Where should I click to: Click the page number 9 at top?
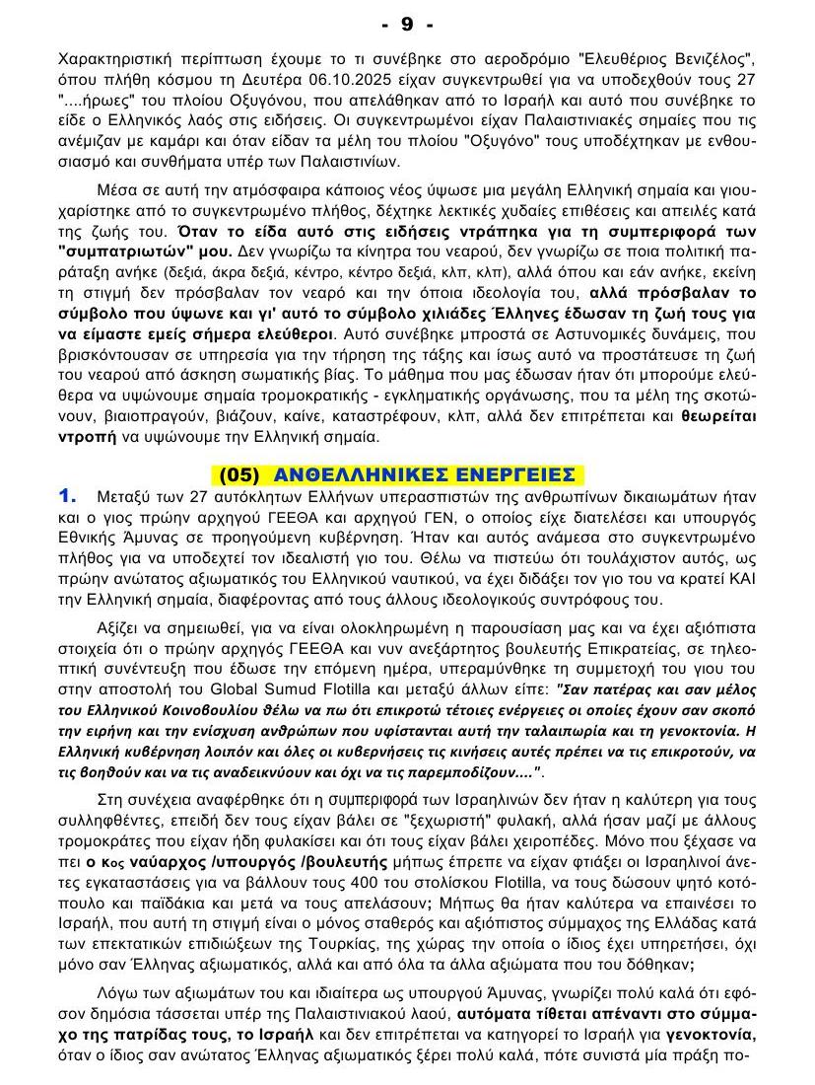tap(407, 23)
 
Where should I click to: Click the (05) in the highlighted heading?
tap(239, 473)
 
